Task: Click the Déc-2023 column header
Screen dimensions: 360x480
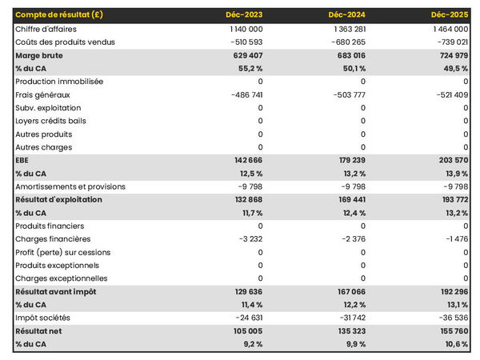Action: tap(245, 15)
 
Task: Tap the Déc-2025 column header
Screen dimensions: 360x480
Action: tap(450, 15)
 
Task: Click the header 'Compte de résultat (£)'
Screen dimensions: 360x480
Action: tap(58, 15)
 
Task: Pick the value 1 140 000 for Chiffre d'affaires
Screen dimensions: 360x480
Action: tap(241, 29)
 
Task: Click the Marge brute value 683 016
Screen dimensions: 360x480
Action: tap(348, 55)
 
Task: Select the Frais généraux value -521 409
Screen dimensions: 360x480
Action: tap(449, 94)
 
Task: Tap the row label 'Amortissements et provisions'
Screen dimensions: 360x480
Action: tap(70, 186)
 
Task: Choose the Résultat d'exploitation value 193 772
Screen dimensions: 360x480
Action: tap(450, 200)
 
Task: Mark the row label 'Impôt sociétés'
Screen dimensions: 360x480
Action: tap(42, 318)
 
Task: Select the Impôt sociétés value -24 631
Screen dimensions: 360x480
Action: tap(244, 318)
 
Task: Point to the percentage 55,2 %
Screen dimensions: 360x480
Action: tap(249, 68)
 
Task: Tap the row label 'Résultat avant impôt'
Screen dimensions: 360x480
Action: tap(56, 291)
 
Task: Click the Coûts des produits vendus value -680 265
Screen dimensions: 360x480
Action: tap(346, 42)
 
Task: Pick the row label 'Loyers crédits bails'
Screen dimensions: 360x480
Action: tap(51, 121)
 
